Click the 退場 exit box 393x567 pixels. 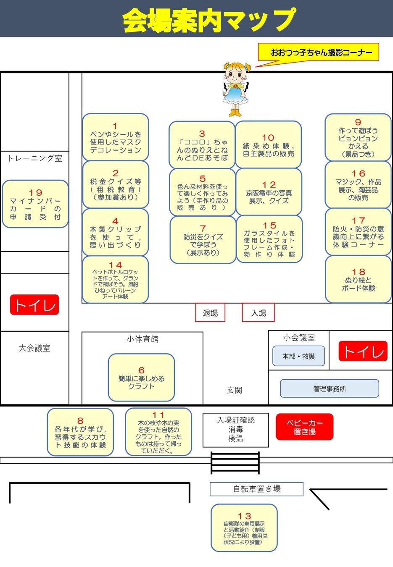(x=210, y=312)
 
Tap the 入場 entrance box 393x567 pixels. (x=258, y=312)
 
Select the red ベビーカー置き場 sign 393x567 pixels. (x=304, y=427)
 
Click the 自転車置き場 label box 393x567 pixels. (x=256, y=489)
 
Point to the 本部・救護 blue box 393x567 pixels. (x=298, y=356)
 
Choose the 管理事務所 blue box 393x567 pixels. (x=330, y=388)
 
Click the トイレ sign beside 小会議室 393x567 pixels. (x=363, y=351)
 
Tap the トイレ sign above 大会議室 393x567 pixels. (x=34, y=305)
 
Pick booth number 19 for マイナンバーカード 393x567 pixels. (x=35, y=204)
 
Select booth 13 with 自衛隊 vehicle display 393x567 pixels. (x=244, y=528)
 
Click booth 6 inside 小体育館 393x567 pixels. (x=141, y=378)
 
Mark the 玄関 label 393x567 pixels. (x=234, y=390)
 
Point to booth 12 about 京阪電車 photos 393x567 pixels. (x=269, y=192)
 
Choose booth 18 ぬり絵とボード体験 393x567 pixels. (x=358, y=279)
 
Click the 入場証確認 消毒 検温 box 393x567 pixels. (x=235, y=430)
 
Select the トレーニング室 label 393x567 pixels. (x=35, y=158)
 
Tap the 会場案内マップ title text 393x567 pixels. (x=209, y=19)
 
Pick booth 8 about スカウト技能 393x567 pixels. (x=80, y=432)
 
